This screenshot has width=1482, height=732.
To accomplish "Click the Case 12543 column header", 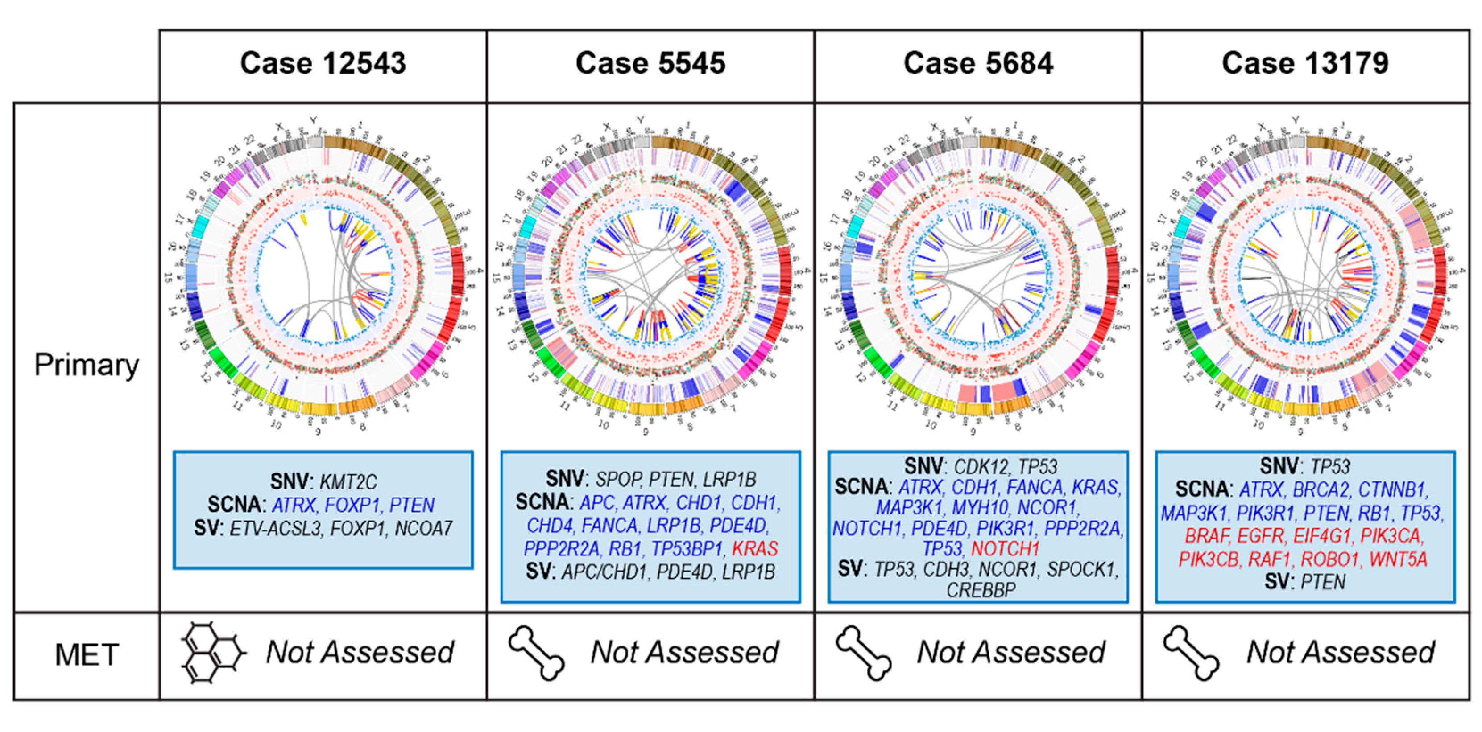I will tap(323, 63).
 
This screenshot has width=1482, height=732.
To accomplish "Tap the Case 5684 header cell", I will tap(978, 63).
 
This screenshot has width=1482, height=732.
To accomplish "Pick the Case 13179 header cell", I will tap(1305, 63).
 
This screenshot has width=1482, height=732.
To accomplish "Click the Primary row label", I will tap(86, 365).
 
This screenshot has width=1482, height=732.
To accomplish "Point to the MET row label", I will tap(86, 654).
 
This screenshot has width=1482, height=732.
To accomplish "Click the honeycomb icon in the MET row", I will tap(213, 653).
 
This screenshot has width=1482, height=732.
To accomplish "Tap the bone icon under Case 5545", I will tap(536, 653).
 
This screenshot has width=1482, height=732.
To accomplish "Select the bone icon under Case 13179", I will tap(1191, 653).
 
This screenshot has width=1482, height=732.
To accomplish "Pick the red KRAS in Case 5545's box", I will tap(754, 549).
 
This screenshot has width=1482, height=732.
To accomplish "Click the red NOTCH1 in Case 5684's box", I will tap(1005, 549).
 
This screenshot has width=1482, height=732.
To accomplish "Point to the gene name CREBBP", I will tap(981, 590).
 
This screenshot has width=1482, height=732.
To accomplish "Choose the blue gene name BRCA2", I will tap(1321, 489).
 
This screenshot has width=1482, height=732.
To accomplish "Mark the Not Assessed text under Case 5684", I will tap(1011, 652).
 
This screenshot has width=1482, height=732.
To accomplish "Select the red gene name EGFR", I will tap(1260, 536).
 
